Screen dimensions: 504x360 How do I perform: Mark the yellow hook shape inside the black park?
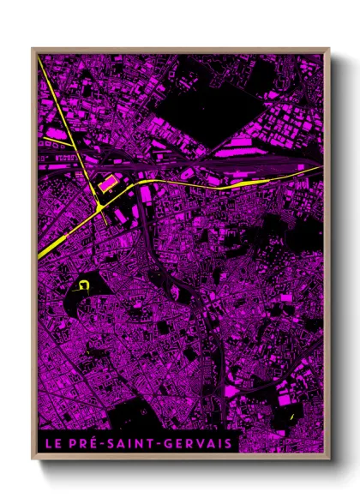(83, 286)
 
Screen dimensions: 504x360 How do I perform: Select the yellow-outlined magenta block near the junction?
(109, 183)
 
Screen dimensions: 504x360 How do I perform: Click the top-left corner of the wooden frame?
(33, 49)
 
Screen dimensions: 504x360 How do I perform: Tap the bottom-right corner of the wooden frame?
(329, 460)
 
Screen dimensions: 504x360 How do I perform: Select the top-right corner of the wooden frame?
(329, 49)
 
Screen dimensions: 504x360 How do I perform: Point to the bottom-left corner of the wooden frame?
(33, 460)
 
